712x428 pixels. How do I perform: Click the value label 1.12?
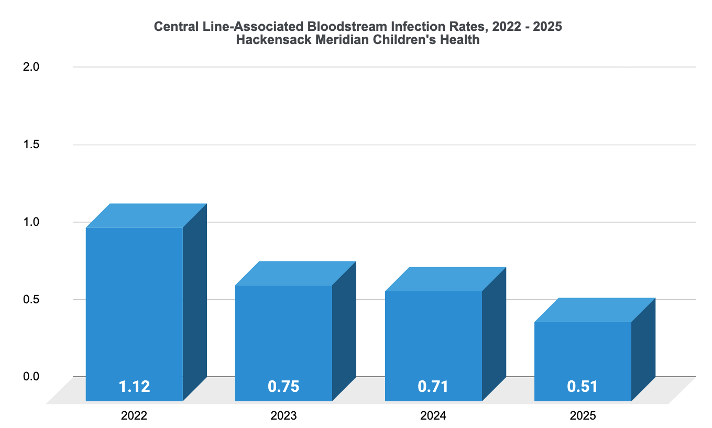click(134, 387)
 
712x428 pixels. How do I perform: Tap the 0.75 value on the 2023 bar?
click(283, 387)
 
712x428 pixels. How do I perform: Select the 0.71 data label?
click(433, 387)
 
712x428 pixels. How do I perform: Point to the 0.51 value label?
click(582, 387)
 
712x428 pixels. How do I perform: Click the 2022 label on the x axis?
click(134, 416)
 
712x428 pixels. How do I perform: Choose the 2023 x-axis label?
click(283, 416)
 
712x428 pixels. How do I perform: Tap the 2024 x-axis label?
click(433, 416)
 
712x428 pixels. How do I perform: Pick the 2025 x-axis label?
click(582, 416)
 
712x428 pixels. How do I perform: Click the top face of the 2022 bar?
click(146, 215)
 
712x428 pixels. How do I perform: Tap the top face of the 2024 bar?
click(445, 279)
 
